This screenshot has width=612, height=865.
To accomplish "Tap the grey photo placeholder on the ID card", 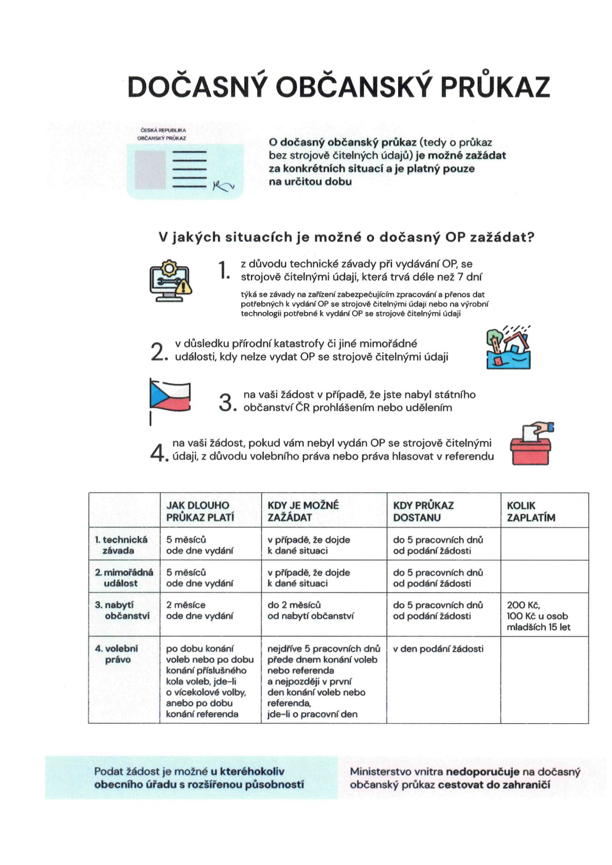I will pyautogui.click(x=150, y=170).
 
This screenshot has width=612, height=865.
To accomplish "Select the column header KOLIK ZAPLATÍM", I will pyautogui.click(x=531, y=511).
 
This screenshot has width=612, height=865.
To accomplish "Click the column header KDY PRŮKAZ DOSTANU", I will pyautogui.click(x=423, y=511).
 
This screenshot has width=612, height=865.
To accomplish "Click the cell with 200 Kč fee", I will pyautogui.click(x=538, y=616).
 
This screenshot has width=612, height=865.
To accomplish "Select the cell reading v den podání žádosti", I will pyautogui.click(x=438, y=649).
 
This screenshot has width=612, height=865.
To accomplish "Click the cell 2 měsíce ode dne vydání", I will pyautogui.click(x=200, y=610).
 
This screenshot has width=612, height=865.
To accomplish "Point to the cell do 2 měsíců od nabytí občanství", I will pyautogui.click(x=310, y=610).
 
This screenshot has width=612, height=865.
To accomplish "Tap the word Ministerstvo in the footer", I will pyautogui.click(x=375, y=771).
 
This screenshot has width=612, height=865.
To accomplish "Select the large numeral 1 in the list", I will pyautogui.click(x=223, y=270).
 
